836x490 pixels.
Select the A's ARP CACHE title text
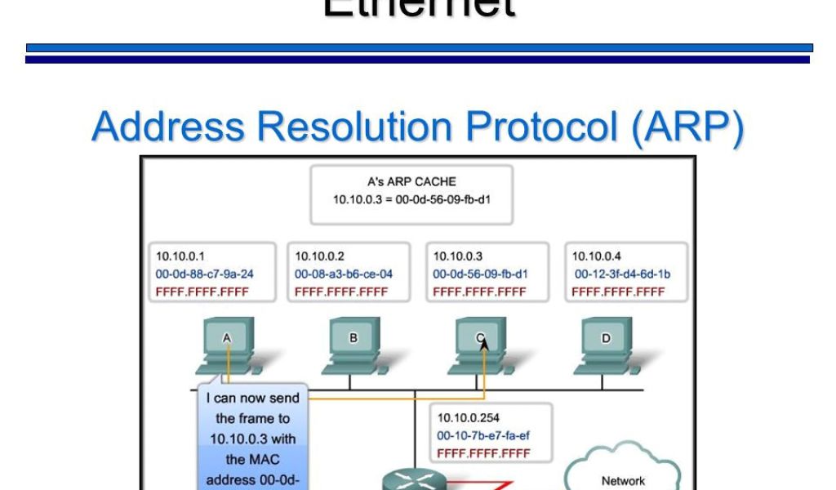point(411,182)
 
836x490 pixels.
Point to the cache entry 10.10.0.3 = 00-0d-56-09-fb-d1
point(411,199)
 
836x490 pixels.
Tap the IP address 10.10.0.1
point(175,256)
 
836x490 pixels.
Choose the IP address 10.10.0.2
point(315,256)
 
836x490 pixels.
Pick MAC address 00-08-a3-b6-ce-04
point(344,274)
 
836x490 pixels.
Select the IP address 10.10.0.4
point(592,256)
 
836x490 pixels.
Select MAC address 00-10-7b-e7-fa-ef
point(483,436)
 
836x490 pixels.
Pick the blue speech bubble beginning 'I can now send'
point(252,437)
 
